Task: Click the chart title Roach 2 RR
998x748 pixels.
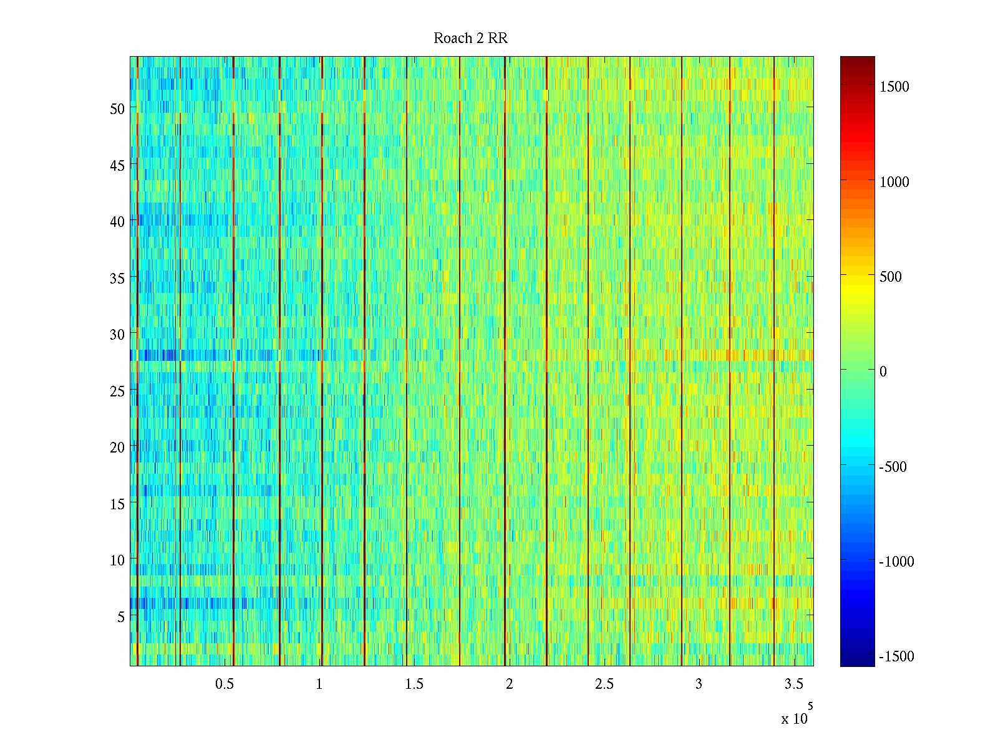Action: click(x=470, y=39)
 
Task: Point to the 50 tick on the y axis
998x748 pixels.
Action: click(x=117, y=108)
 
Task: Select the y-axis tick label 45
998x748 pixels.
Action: click(x=117, y=165)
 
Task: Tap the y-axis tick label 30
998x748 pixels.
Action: click(x=117, y=335)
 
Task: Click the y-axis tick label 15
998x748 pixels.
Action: click(x=117, y=504)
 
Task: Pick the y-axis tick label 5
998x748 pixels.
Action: click(x=121, y=617)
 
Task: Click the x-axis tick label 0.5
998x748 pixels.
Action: click(x=225, y=684)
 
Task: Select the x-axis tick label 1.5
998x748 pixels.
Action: click(x=414, y=684)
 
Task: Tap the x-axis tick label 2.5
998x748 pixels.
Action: click(x=604, y=684)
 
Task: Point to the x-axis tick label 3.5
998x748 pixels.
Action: click(x=793, y=684)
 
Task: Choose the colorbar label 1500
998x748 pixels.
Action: click(x=894, y=87)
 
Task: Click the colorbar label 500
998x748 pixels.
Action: click(x=891, y=277)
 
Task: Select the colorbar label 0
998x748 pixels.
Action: click(x=883, y=372)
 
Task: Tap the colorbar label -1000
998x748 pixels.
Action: click(x=896, y=562)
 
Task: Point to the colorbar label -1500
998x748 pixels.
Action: click(x=896, y=656)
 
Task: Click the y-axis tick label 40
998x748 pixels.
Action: click(x=117, y=222)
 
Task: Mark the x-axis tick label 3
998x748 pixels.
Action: click(x=699, y=684)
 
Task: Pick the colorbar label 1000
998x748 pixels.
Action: click(x=894, y=182)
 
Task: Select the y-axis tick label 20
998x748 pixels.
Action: click(x=117, y=448)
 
